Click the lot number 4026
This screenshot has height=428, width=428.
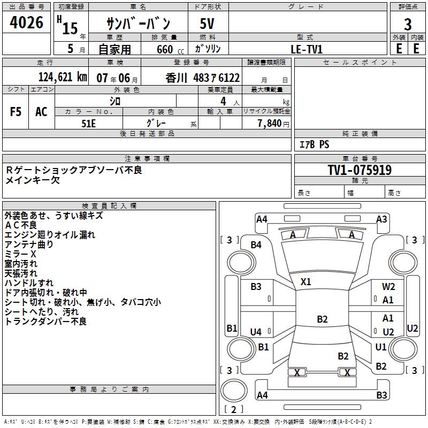coord(27,23)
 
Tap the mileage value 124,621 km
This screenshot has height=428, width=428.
coord(63,77)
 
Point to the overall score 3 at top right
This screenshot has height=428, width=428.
coord(408,25)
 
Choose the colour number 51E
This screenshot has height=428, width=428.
coord(88,123)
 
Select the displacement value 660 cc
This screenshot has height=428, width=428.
coord(164,49)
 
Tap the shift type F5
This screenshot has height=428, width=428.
coord(16,111)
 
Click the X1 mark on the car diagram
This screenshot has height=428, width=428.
coord(306,281)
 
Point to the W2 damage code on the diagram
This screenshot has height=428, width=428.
coord(388,287)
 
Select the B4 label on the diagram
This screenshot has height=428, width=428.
coord(256,244)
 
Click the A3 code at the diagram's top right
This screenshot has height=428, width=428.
coord(381,219)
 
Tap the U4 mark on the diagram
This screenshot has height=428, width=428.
coord(256,332)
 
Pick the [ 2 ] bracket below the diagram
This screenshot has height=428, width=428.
coord(233,409)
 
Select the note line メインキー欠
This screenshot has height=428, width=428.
coord(33,180)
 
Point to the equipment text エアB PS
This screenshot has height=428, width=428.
coord(314,144)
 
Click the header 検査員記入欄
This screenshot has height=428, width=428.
coord(109,205)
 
